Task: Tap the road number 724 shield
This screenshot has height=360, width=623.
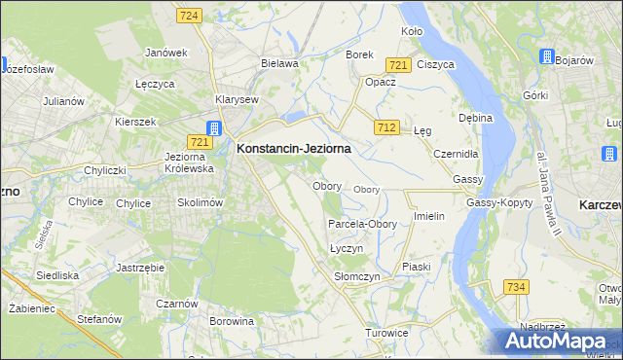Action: pos(190,16)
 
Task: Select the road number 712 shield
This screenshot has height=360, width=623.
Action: pos(385,127)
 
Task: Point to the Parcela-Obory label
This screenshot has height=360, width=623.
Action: pos(362,224)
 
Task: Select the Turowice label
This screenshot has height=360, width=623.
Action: pos(386,333)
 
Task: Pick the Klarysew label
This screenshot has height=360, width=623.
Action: pos(237,99)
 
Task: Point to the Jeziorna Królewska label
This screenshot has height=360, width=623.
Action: pos(190,162)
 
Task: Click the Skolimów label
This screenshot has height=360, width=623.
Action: pos(201,202)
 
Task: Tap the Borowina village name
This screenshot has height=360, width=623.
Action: pos(232,320)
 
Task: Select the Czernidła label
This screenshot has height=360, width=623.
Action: pos(457,154)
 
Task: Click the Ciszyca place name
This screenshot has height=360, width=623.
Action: pos(435,64)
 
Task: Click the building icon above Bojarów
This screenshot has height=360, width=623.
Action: pos(547,55)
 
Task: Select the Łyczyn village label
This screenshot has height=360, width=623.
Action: pos(346,248)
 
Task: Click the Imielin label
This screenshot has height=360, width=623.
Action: pos(429,216)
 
